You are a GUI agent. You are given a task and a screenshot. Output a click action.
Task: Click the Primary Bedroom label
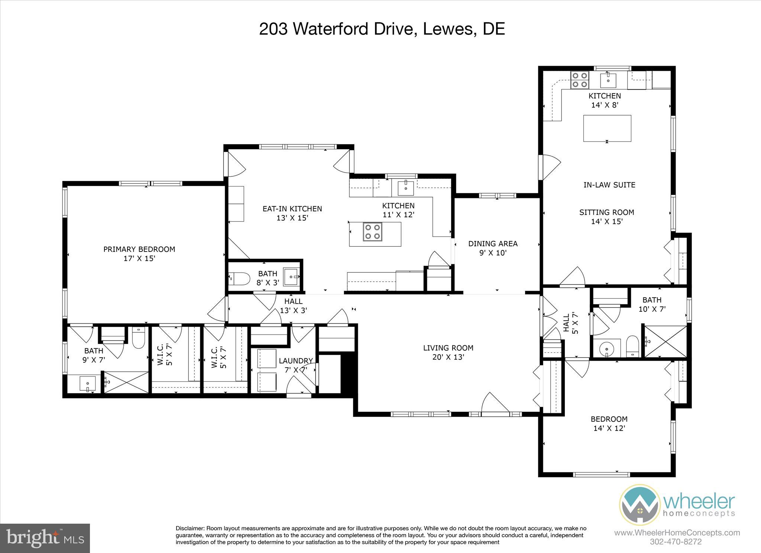(139, 249)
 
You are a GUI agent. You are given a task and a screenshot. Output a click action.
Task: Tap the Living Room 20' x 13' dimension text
(448, 357)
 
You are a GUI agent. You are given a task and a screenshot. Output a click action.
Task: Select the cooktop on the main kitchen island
(372, 232)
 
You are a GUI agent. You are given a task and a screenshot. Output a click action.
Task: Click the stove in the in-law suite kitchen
(580, 80)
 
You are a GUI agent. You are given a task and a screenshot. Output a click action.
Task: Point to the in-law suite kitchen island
(607, 128)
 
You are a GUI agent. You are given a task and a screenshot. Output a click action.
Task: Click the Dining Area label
(493, 244)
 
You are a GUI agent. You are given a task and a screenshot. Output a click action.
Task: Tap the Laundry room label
(295, 361)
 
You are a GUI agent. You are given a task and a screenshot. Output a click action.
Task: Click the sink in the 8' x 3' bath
(292, 277)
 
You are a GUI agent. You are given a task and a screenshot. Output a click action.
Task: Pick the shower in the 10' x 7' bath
(665, 342)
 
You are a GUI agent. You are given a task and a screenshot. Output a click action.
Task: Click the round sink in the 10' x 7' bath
(606, 349)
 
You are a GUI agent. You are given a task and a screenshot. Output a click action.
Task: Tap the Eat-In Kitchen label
(292, 209)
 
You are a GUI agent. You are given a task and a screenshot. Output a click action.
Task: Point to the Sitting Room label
(606, 212)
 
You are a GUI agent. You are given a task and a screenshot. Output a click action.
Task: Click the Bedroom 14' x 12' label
(609, 419)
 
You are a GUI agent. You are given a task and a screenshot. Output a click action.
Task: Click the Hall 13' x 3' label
(293, 301)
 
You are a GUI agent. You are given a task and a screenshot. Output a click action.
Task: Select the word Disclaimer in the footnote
(190, 528)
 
